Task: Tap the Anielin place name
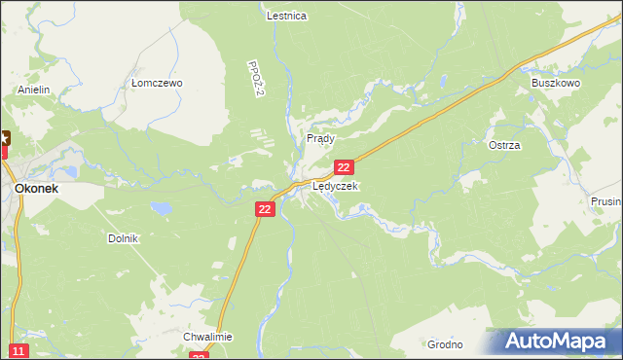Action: pyautogui.click(x=33, y=90)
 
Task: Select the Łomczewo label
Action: pyautogui.click(x=157, y=84)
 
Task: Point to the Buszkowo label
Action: pyautogui.click(x=555, y=84)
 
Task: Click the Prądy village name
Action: pyautogui.click(x=320, y=139)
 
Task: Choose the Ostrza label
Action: pyautogui.click(x=504, y=145)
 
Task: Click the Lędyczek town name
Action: pyautogui.click(x=335, y=185)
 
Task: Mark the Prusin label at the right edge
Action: pyautogui.click(x=605, y=201)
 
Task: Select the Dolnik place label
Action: pyautogui.click(x=124, y=238)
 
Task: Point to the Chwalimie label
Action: pyautogui.click(x=207, y=337)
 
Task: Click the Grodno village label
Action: pyautogui.click(x=444, y=344)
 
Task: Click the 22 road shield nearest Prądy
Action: pyautogui.click(x=356, y=168)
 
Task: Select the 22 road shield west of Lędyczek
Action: pyautogui.click(x=266, y=209)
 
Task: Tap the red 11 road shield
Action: pyautogui.click(x=18, y=350)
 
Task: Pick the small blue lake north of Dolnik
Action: pyautogui.click(x=163, y=207)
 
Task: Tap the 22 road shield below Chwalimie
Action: pyautogui.click(x=199, y=356)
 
